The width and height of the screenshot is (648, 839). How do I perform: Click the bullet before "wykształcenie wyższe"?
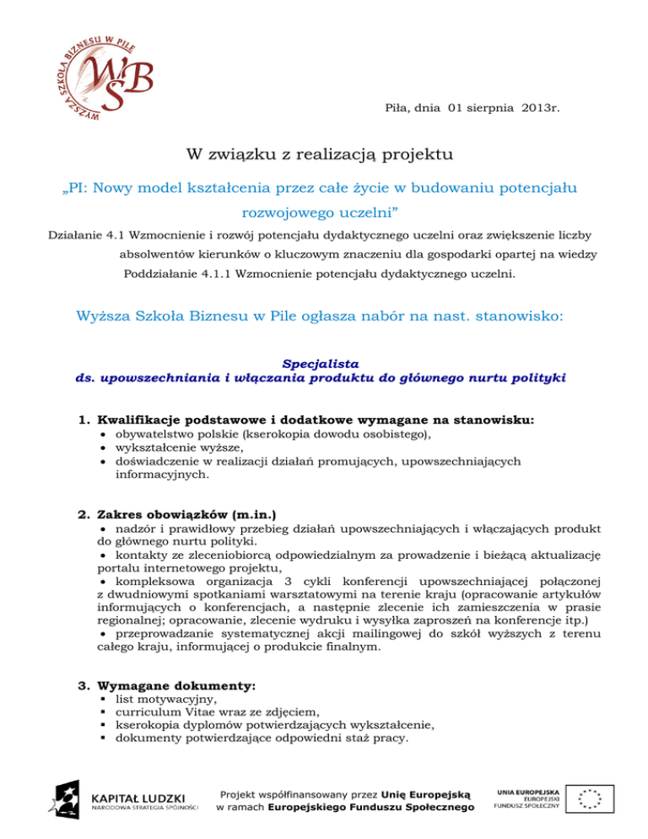101,449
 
